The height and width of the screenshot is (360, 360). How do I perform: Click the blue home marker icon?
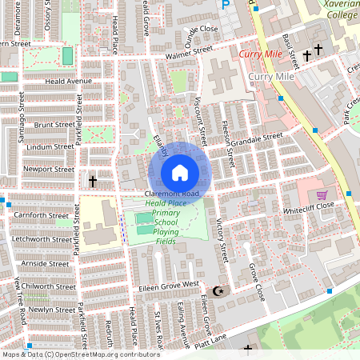[180, 172]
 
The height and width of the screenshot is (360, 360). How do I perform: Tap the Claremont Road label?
[172, 194]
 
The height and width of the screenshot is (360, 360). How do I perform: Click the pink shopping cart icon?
[322, 194]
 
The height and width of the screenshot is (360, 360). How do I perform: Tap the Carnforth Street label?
[42, 215]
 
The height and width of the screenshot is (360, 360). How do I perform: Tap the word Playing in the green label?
[166, 232]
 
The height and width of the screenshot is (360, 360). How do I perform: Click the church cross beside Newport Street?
[92, 182]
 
